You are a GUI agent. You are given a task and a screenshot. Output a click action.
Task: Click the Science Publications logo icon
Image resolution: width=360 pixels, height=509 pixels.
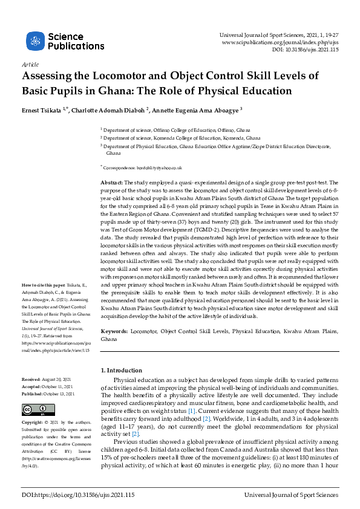36,41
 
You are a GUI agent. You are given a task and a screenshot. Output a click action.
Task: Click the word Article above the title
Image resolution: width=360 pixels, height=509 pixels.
30,64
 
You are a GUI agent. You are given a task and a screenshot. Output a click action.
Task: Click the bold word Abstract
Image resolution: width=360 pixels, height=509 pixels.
111,182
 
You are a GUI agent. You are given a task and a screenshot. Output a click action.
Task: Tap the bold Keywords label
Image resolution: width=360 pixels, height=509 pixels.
114,332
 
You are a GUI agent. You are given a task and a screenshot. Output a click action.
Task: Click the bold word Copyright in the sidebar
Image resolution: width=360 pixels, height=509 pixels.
34,422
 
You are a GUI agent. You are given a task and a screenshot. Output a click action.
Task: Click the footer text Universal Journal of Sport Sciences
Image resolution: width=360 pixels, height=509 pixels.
291,495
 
